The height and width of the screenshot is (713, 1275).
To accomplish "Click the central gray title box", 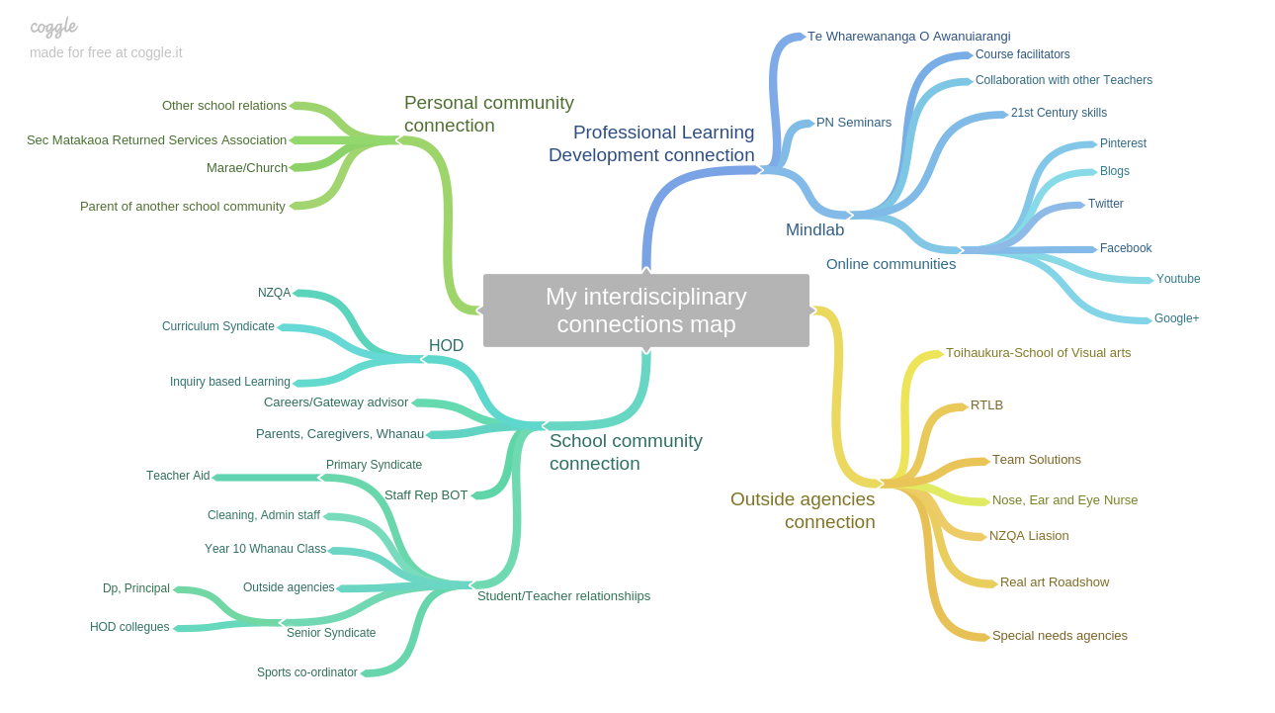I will click(x=645, y=311).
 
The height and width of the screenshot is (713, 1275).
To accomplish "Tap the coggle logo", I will click(x=53, y=27).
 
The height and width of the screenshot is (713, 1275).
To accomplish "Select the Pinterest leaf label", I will click(x=1123, y=143).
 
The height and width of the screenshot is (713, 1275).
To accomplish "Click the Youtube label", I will click(x=1178, y=279).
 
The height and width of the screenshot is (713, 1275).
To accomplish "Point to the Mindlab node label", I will click(x=814, y=229).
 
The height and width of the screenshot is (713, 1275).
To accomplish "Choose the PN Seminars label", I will click(x=853, y=123).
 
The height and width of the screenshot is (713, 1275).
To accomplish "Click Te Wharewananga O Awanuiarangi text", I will click(x=908, y=37).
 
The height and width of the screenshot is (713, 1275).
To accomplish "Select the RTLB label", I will click(x=986, y=405).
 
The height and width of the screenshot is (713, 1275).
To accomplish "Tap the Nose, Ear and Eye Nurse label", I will click(x=1064, y=500).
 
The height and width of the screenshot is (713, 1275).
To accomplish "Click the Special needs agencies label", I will click(x=1060, y=636).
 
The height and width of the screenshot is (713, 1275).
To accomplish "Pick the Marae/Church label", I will click(x=246, y=168).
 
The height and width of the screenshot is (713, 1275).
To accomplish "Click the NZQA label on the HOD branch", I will click(x=274, y=293).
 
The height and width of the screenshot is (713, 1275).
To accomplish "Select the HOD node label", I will click(x=446, y=346).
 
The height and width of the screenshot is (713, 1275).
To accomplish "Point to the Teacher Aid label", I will click(x=178, y=476).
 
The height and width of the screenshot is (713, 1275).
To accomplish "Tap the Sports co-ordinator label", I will click(x=306, y=672).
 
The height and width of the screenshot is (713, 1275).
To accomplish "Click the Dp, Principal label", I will click(x=136, y=588).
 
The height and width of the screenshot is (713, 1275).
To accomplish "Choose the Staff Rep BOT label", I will click(x=426, y=495).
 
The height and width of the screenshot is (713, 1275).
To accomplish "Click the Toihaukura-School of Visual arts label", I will click(x=1038, y=353).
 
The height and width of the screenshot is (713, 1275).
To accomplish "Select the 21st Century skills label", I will click(x=1059, y=113).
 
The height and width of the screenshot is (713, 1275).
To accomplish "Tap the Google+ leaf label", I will click(x=1176, y=318).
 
